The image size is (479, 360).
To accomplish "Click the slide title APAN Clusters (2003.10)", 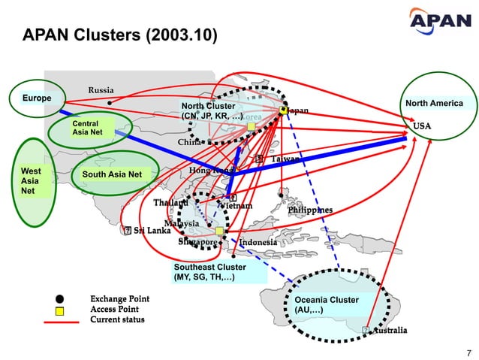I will pyautogui.click(x=120, y=35).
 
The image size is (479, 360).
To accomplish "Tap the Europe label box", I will pyautogui.click(x=37, y=99).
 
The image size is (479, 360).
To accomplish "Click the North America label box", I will pyautogui.click(x=433, y=104).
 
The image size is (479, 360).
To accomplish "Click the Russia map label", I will pyautogui.click(x=101, y=90).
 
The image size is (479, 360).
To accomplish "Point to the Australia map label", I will pyautogui.click(x=390, y=330).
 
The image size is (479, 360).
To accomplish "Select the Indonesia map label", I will pyautogui.click(x=258, y=243).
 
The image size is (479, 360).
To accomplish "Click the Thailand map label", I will pyautogui.click(x=171, y=203).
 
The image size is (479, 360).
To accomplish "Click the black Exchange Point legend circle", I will pyautogui.click(x=59, y=298).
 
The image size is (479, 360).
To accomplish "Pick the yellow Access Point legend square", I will pyautogui.click(x=59, y=310).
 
